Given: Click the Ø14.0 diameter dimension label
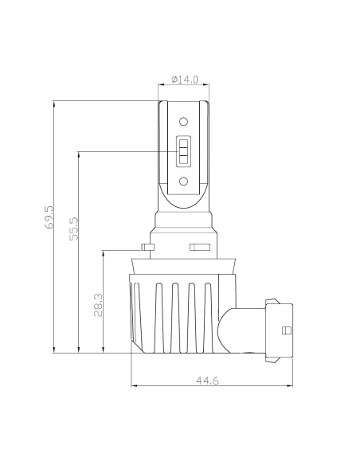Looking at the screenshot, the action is pos(185,80).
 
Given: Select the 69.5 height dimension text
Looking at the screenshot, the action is pos(49,217).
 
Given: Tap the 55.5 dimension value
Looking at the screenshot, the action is pos(74,229).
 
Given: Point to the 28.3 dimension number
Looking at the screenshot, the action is pos(99,305).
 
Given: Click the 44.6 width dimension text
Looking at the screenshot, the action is pos(208,380).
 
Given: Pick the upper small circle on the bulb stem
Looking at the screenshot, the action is pos(183,122).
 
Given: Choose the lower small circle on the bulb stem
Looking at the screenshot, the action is pos(183,182).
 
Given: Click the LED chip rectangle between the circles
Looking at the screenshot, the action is pos(183,151).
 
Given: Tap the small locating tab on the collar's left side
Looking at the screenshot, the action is pos(148,247).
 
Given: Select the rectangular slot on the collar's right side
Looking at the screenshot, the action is pos(200,247).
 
